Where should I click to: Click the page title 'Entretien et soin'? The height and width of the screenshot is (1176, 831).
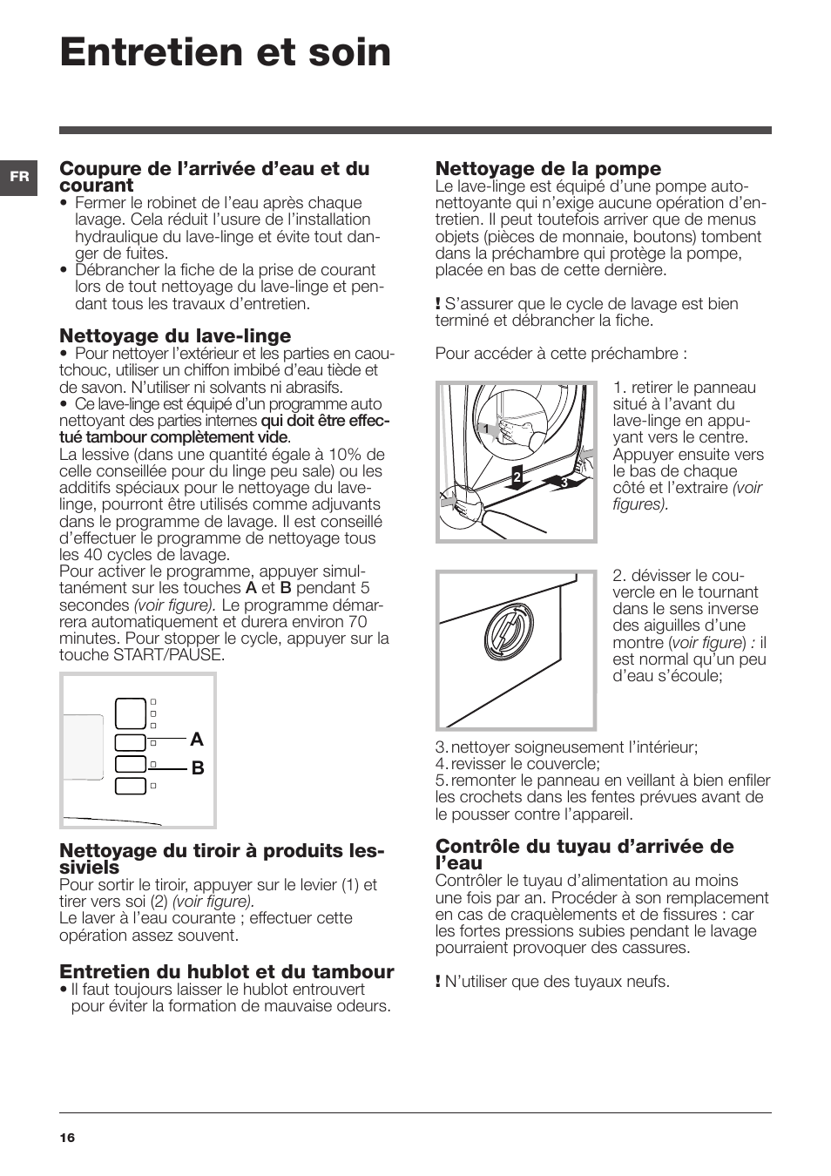tap(226, 53)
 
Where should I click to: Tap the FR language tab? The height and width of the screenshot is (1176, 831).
tap(19, 176)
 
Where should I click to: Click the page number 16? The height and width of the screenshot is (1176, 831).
tap(67, 1139)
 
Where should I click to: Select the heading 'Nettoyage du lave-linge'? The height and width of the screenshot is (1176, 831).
tap(175, 335)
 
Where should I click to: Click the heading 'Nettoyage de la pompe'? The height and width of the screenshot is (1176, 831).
tap(548, 168)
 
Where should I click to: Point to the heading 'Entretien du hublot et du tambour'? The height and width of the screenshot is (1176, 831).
tap(226, 971)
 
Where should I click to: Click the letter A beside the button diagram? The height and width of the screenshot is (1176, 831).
tap(197, 740)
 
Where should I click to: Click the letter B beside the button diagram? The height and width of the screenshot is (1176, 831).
tap(198, 768)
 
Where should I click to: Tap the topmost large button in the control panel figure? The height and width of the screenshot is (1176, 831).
tap(130, 713)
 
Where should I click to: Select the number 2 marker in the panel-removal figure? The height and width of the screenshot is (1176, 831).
tap(517, 476)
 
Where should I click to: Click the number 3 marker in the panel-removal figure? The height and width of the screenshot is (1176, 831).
tap(564, 482)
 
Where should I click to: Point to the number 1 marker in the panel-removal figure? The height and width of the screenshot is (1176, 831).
tap(486, 429)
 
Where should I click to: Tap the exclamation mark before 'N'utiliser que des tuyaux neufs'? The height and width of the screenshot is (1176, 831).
tap(438, 982)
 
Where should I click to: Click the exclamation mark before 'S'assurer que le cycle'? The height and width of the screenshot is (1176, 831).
tap(438, 304)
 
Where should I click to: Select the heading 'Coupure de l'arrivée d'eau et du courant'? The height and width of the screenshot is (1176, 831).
tap(213, 176)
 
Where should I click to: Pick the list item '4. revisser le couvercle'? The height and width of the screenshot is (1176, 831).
tap(518, 764)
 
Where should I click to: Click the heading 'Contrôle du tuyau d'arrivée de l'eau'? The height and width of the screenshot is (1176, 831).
tap(584, 855)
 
